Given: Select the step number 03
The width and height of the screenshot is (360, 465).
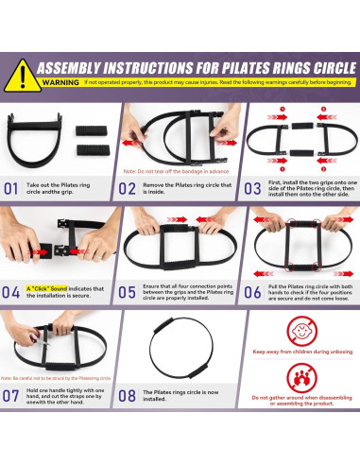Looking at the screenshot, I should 251,188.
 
